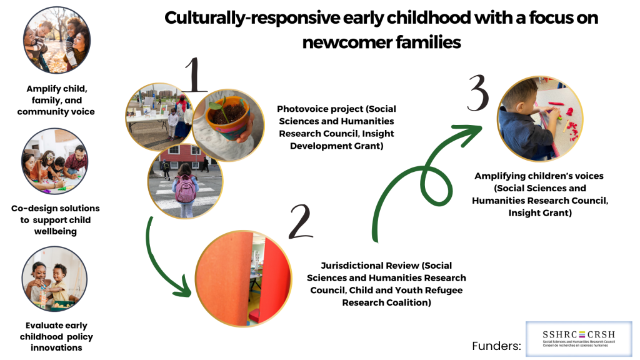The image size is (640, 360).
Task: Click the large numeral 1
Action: [x=196, y=75]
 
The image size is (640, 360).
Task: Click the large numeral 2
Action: [x=301, y=222]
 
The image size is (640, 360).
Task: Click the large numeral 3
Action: [x=478, y=93]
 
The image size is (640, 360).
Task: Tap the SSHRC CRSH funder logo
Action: [x=579, y=339]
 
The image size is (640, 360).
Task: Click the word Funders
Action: [x=496, y=346]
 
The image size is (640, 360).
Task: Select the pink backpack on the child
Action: [x=186, y=189]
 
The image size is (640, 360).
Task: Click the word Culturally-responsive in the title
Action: [x=252, y=18]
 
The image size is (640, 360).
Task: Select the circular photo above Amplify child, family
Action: [x=57, y=40]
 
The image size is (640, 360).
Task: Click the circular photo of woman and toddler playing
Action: [x=54, y=279]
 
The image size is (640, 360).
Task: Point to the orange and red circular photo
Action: [x=243, y=279]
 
